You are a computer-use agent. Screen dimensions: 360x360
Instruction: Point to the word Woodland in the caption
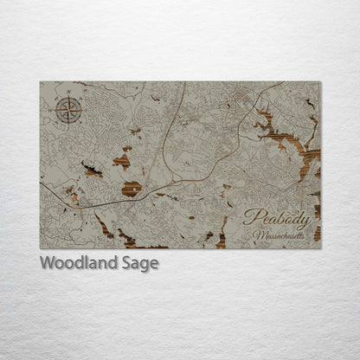point(76,262)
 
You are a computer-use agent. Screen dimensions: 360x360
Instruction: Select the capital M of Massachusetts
point(258,235)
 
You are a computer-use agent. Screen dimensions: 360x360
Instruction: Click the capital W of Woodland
point(47,262)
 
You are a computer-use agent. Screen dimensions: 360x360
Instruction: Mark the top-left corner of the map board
point(41,82)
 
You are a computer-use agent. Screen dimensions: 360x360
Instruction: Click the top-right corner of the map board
point(320,82)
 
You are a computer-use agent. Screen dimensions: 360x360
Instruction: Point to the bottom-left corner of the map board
point(41,248)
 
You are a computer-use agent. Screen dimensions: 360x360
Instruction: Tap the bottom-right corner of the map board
point(320,248)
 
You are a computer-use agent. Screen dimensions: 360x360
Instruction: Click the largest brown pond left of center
point(132,188)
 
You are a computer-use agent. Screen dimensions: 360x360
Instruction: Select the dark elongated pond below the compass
point(91,170)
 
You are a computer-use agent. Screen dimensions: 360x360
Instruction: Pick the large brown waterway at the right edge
point(294,147)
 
